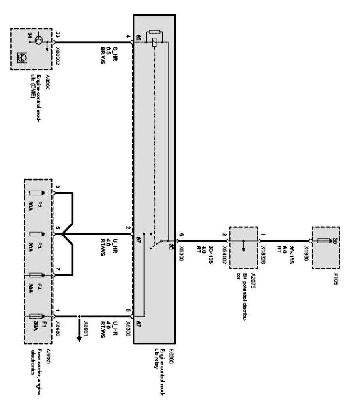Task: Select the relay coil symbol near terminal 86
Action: tap(155, 42)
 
